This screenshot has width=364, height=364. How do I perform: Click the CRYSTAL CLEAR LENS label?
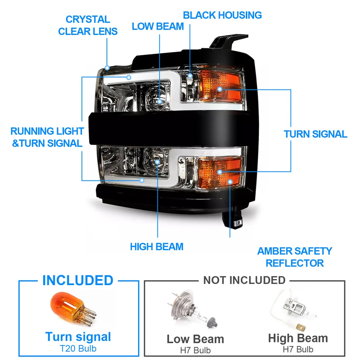(x=88, y=25)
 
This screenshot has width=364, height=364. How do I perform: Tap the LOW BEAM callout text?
(x=158, y=27)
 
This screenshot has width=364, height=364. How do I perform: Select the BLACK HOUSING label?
(x=222, y=15)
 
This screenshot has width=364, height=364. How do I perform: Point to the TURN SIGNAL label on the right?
(x=315, y=134)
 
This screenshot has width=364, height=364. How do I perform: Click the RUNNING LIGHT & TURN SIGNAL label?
(x=47, y=137)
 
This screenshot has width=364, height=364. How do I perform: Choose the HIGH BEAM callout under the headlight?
(x=157, y=246)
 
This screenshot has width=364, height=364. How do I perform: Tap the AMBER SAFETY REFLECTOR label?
(x=295, y=257)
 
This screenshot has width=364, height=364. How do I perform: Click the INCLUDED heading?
(x=78, y=280)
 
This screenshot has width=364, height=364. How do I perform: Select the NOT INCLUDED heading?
(x=244, y=280)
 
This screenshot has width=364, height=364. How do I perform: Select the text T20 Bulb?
(x=78, y=348)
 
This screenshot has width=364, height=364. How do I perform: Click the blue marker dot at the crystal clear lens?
(x=107, y=68)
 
